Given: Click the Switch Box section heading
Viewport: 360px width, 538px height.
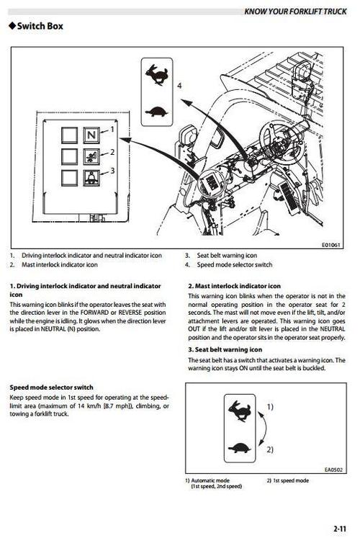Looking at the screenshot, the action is [x=36, y=26].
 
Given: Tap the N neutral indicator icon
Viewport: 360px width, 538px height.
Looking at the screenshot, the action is [x=91, y=135].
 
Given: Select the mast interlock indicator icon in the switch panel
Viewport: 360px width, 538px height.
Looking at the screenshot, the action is [x=91, y=157].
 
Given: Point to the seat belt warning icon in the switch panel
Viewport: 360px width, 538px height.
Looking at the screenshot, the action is [x=91, y=178].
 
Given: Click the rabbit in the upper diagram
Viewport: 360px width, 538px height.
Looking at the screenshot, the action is [x=157, y=74].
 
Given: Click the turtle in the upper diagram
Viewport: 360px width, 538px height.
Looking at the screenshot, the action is [x=157, y=112].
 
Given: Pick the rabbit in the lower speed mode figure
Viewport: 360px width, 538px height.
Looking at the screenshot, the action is [x=240, y=411].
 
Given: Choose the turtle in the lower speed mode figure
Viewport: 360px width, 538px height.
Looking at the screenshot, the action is [x=240, y=448].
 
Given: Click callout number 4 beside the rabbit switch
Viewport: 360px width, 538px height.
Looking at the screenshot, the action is [x=179, y=86].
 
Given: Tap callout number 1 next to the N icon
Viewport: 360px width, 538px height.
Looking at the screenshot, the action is [x=112, y=130].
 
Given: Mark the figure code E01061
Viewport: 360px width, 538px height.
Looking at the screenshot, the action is [x=331, y=245].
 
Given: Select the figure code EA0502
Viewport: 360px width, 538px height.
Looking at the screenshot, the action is [x=333, y=470].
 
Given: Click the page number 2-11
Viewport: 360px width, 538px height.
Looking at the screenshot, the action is [x=340, y=529].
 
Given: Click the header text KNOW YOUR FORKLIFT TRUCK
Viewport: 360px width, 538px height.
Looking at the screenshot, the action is [x=295, y=12].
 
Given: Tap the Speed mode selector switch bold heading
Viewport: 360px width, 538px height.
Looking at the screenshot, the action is [x=51, y=387].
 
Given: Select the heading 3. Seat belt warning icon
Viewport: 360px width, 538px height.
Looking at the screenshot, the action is [x=225, y=349].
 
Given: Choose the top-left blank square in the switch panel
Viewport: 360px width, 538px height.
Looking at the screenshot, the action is [x=70, y=135].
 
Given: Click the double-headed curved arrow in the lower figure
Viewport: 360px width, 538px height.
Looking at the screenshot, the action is [x=266, y=429].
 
